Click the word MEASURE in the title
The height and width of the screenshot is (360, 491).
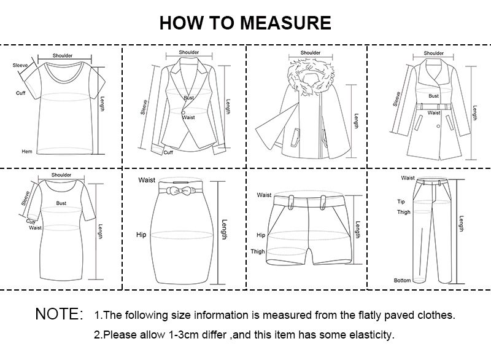point(285,23)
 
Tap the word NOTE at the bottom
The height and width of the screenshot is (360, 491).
point(59,315)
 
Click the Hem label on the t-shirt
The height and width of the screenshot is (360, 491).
point(27,151)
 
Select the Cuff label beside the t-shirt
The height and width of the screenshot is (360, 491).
point(20,92)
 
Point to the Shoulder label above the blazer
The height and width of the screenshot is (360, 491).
point(189,52)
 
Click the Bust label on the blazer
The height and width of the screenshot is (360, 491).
point(188,98)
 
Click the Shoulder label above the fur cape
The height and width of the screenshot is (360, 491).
point(311,53)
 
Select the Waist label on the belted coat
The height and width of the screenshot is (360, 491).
point(434,112)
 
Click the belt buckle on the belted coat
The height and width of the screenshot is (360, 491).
point(434,107)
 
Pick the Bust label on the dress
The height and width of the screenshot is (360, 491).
point(61,202)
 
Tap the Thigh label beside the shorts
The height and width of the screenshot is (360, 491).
point(258,252)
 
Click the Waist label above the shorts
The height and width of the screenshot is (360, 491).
point(264,195)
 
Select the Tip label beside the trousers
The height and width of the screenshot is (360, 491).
point(401,201)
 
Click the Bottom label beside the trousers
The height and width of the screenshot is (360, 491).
point(402,280)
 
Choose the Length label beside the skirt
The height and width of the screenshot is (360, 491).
point(224,230)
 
